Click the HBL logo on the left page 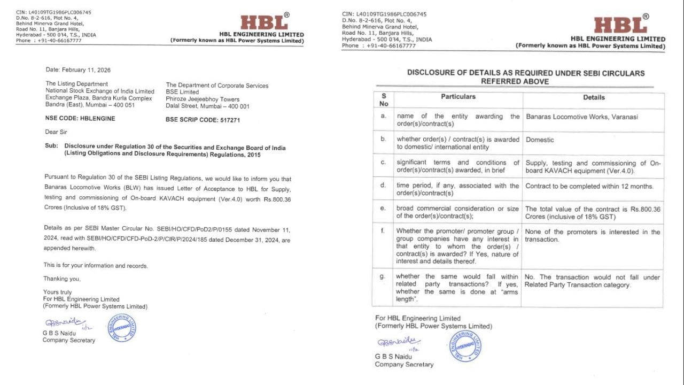(264, 22)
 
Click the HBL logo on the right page (620, 25)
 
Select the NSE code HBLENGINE (80, 119)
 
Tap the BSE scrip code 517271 (203, 120)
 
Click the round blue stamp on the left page (122, 328)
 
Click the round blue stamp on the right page (465, 346)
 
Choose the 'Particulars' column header (458, 97)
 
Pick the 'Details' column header (594, 97)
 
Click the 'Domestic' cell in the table (540, 140)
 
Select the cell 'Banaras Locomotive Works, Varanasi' (582, 117)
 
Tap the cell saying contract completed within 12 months (589, 186)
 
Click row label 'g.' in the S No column (383, 277)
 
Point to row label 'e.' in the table (383, 209)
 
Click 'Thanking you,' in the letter (62, 279)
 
